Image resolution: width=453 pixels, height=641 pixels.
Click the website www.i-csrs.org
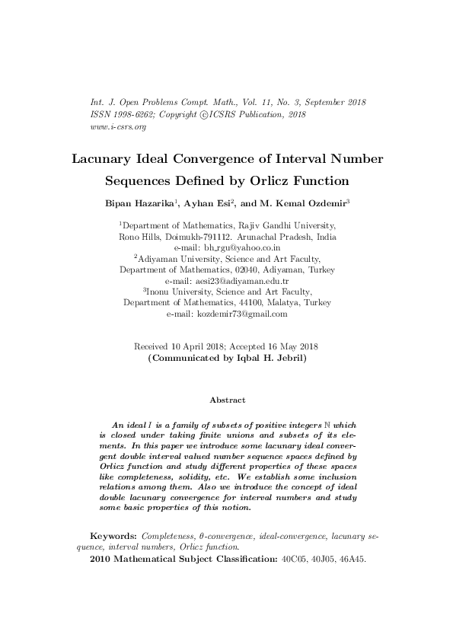coord(107,126)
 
